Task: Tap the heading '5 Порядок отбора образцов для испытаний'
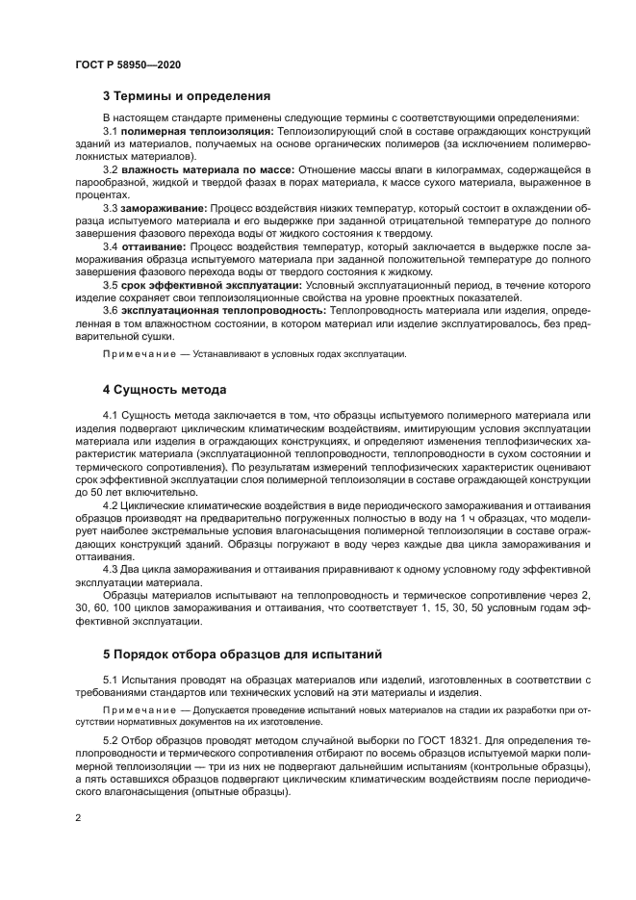click(242, 655)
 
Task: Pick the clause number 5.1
click(111, 681)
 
